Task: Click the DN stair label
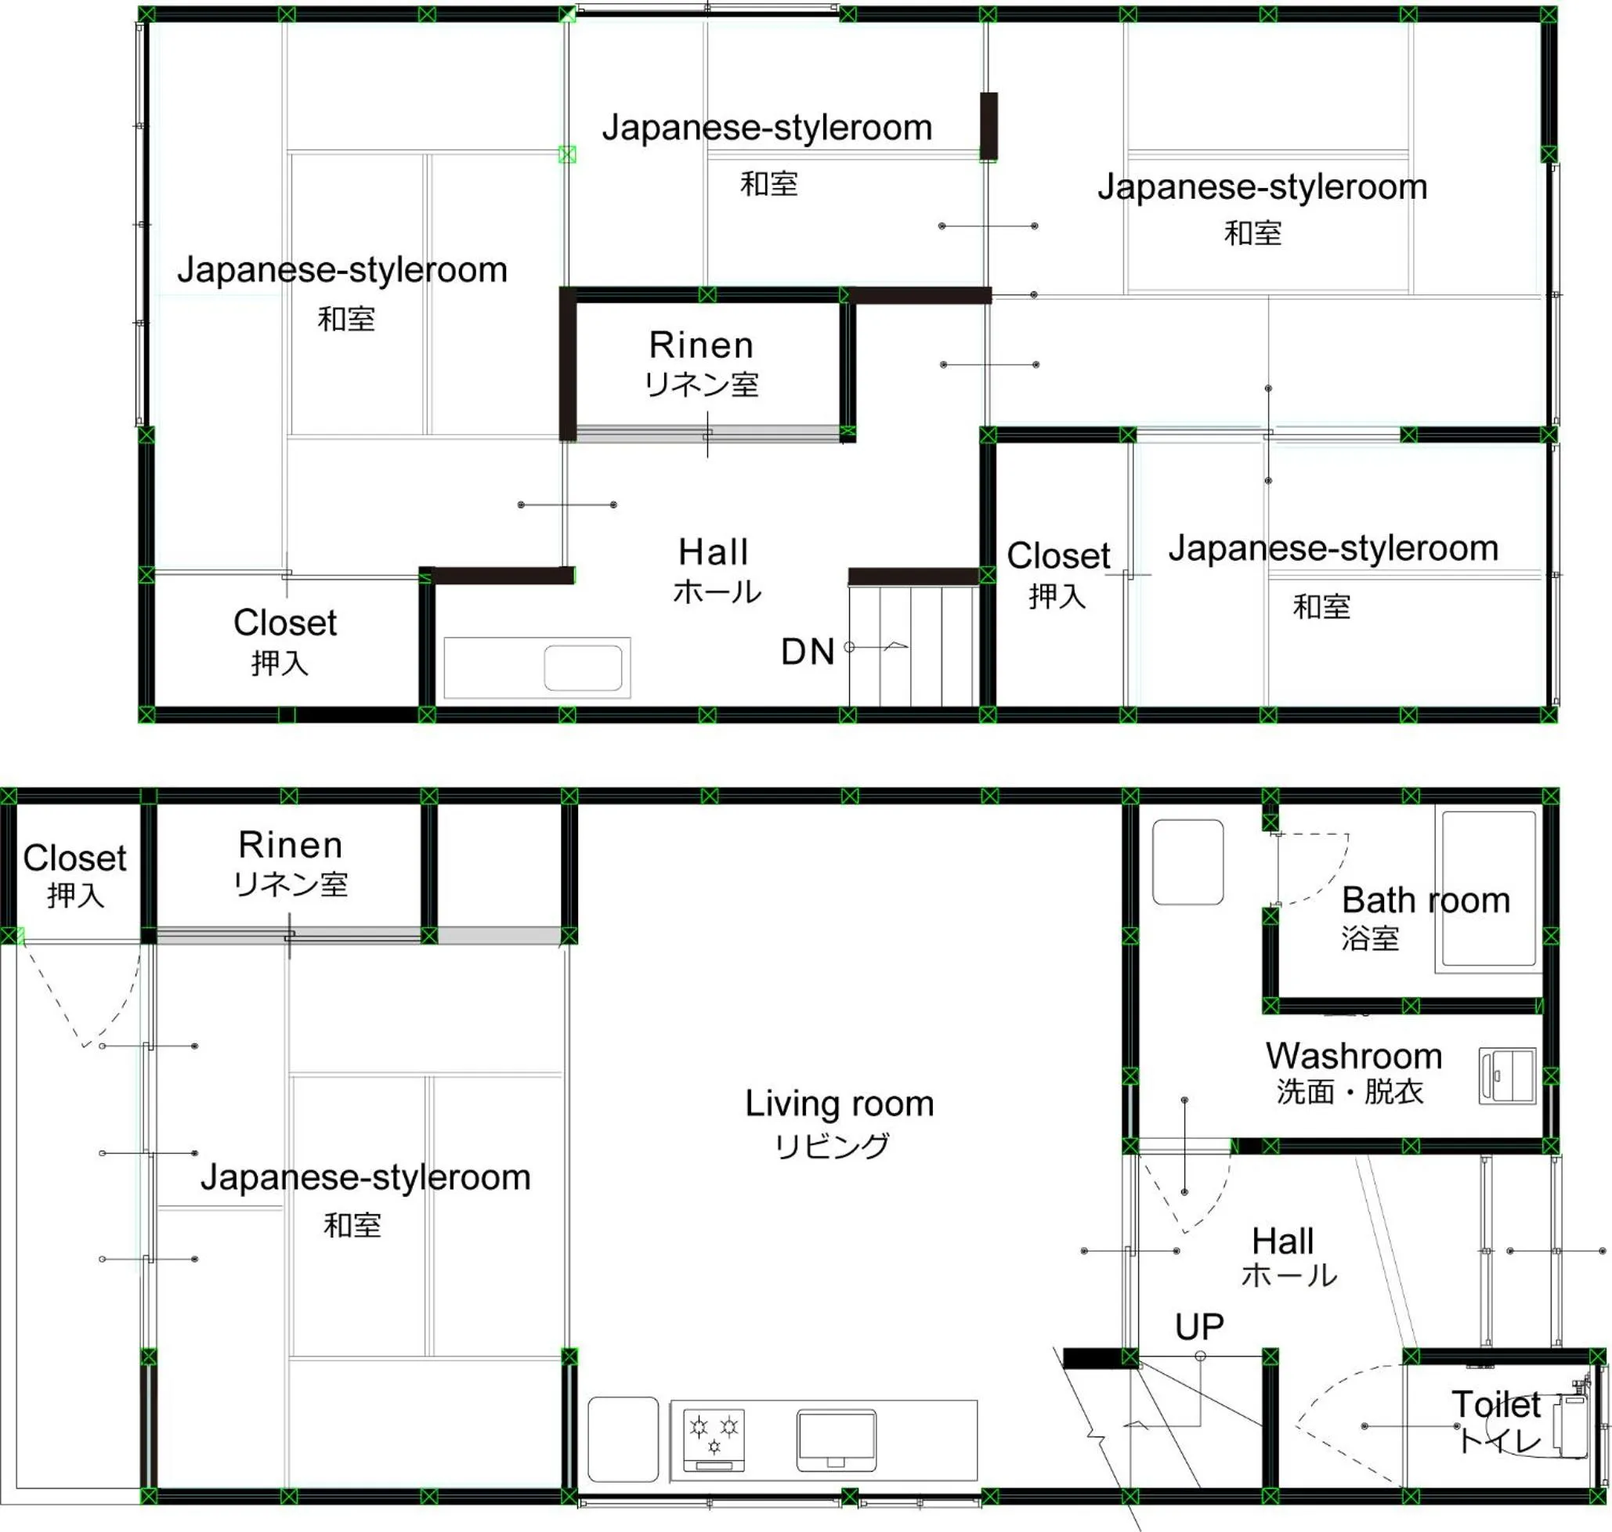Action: point(807,652)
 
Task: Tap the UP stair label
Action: point(1198,1327)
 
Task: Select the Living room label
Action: point(839,1104)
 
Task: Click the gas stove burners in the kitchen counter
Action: point(714,1439)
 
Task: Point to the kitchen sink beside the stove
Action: point(837,1440)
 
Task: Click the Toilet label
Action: point(1495,1404)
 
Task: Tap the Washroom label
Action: point(1354,1056)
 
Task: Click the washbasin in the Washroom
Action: point(1507,1076)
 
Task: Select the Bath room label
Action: point(1425,900)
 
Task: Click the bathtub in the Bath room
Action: point(1488,888)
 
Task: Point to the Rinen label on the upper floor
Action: point(701,345)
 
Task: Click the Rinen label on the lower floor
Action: point(290,844)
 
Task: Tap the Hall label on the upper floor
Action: point(713,552)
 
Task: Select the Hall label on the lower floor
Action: point(1282,1241)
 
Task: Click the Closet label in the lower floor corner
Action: point(74,858)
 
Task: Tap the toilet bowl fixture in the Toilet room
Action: point(1569,1425)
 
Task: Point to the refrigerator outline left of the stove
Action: point(622,1439)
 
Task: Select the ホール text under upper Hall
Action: point(717,591)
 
